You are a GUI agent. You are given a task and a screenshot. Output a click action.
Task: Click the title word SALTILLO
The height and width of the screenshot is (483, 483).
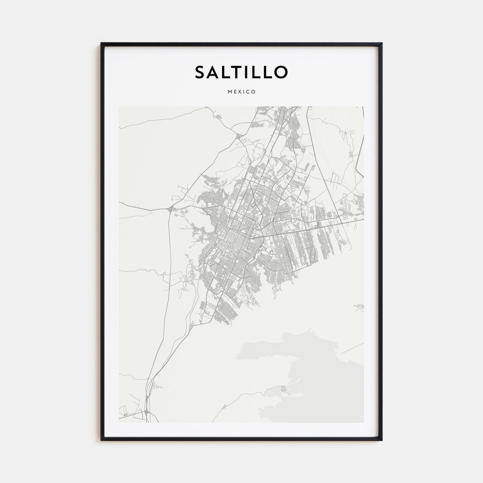point(241,72)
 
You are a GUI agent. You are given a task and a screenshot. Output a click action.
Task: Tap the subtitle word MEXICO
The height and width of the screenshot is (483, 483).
point(241,92)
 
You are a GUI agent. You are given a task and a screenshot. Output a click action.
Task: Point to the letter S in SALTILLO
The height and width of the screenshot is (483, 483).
point(200,72)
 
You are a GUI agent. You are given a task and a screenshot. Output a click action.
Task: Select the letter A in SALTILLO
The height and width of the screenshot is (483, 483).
point(214,72)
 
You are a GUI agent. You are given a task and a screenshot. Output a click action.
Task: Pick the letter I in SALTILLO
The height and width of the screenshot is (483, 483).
point(248,72)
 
